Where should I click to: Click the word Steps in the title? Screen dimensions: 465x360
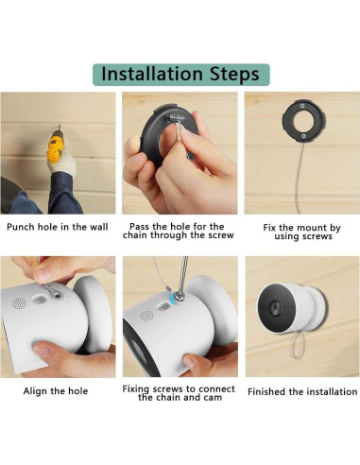(x=233, y=74)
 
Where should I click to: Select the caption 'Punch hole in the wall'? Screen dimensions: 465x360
(x=58, y=227)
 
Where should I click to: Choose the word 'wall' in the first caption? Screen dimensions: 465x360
(x=97, y=227)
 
